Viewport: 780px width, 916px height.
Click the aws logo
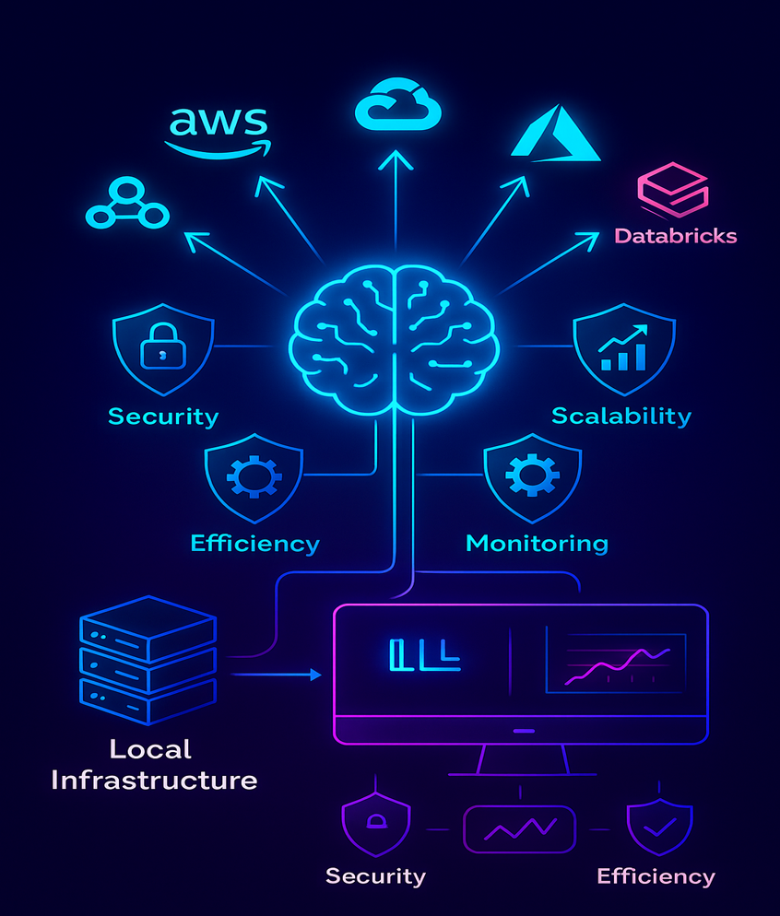click(218, 130)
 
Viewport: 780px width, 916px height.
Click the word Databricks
click(676, 236)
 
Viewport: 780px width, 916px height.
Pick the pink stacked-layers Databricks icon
click(673, 189)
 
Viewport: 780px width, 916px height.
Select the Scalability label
click(620, 416)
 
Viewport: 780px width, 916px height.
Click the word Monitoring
click(537, 543)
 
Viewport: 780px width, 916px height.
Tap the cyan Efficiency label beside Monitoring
click(254, 543)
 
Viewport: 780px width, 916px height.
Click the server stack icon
click(148, 660)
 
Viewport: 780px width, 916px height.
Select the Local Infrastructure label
click(154, 765)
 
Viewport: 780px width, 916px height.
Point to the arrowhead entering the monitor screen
click(315, 675)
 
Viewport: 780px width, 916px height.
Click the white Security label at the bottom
click(375, 875)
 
